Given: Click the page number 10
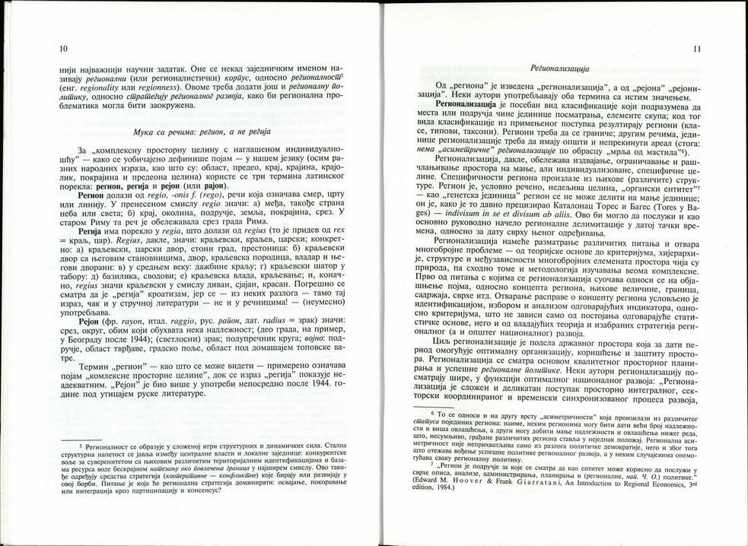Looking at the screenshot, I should [62, 49].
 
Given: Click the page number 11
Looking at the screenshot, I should [697, 49].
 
